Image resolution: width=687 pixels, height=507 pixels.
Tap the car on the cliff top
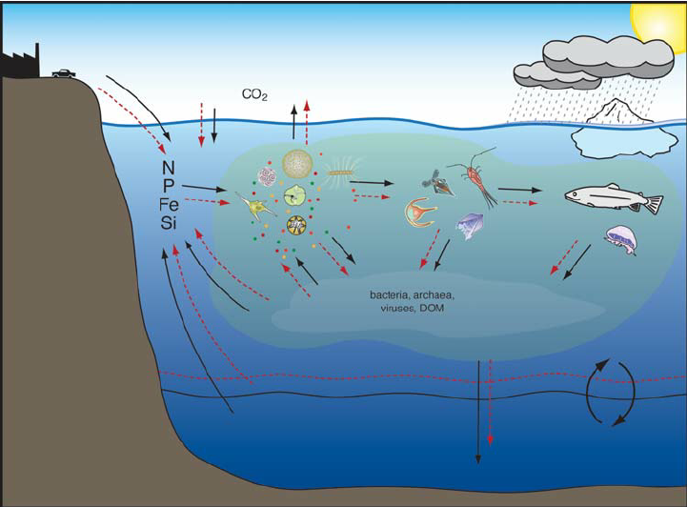tap(64, 73)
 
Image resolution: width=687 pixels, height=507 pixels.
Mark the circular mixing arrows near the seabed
tap(606, 392)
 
